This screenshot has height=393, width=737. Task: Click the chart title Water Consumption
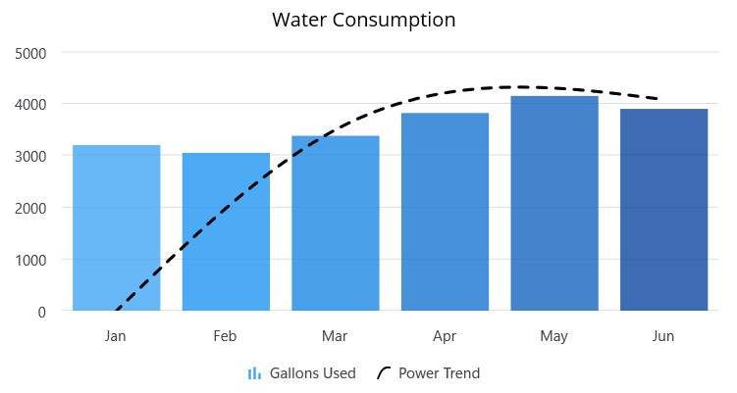[363, 20]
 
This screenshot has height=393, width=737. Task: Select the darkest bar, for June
[663, 210]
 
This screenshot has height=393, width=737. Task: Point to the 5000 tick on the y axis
[30, 52]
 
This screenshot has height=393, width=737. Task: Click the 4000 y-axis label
[30, 104]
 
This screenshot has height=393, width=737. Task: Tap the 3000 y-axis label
[30, 156]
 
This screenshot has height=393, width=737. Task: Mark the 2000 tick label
[30, 208]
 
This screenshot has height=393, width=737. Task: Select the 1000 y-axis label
[30, 260]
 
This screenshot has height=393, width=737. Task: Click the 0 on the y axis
[41, 312]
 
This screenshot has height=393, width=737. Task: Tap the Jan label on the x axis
[116, 336]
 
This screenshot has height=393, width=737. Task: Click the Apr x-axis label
[445, 336]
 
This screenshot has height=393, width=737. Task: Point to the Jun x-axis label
[663, 336]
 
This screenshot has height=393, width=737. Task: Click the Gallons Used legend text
[312, 373]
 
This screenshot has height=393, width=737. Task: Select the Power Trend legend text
[439, 373]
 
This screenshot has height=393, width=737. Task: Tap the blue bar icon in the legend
[254, 373]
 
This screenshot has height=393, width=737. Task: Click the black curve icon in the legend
[384, 373]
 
